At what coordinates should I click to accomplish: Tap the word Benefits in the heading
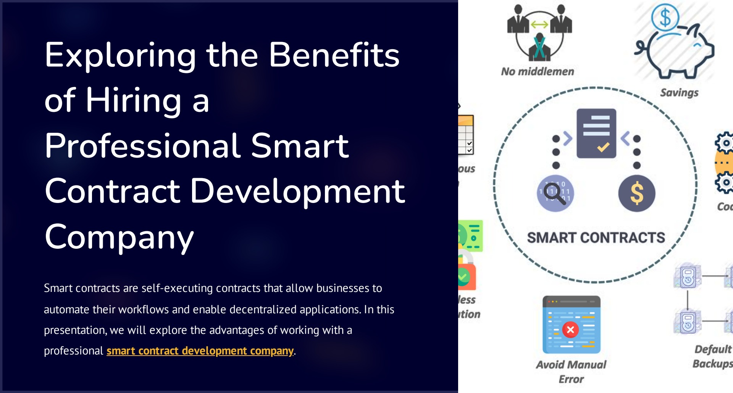click(334, 55)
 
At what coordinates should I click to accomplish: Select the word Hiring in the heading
click(133, 101)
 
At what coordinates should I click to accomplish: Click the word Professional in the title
click(142, 146)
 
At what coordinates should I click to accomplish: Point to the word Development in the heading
click(297, 191)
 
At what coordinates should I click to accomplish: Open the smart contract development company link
click(200, 351)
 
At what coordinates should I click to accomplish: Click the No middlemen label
click(538, 72)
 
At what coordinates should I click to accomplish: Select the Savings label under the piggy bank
click(679, 93)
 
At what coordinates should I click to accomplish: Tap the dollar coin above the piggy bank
click(665, 17)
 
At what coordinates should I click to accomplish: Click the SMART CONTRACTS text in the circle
click(596, 238)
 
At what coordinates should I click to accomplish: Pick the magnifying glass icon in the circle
click(555, 193)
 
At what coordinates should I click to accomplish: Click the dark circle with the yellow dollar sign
click(637, 193)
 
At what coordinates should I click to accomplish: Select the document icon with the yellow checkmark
click(596, 133)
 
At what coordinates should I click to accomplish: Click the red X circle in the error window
click(570, 330)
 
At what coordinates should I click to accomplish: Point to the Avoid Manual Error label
click(571, 372)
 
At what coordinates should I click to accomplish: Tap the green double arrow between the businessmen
click(539, 25)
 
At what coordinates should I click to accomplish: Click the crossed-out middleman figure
click(539, 47)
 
